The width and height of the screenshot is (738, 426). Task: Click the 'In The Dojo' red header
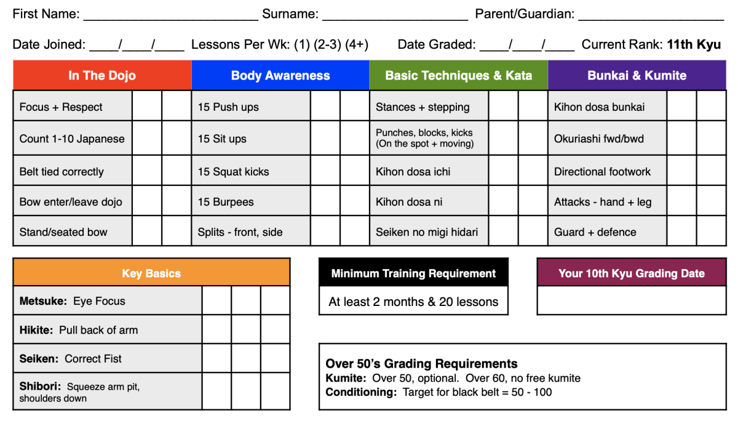click(x=102, y=76)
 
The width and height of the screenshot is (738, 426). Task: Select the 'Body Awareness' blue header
click(x=280, y=76)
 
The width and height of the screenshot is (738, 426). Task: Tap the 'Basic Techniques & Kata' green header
click(x=458, y=76)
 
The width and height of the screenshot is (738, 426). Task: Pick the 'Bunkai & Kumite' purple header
click(x=637, y=76)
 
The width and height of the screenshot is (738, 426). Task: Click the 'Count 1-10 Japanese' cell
click(x=72, y=139)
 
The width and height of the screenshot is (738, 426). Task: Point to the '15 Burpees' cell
click(x=226, y=202)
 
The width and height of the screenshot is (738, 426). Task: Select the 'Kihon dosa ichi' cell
click(x=413, y=172)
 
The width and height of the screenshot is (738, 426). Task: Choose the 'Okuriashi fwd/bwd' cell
click(x=599, y=139)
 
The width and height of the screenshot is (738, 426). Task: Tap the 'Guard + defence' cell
click(x=595, y=232)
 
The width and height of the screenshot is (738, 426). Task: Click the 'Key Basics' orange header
click(x=151, y=273)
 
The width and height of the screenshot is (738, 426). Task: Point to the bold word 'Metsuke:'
click(x=43, y=301)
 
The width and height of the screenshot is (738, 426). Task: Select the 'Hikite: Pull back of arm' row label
click(x=79, y=330)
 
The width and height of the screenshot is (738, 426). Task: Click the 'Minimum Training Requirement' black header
click(x=413, y=273)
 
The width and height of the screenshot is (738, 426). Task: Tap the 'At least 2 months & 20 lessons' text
click(x=413, y=302)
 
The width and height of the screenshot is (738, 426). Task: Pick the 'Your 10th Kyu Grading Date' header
click(x=632, y=273)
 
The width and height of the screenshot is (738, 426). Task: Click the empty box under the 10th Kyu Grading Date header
click(x=632, y=301)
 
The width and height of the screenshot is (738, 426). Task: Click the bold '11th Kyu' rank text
click(x=694, y=44)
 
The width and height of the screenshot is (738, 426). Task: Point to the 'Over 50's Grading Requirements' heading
click(x=421, y=364)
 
